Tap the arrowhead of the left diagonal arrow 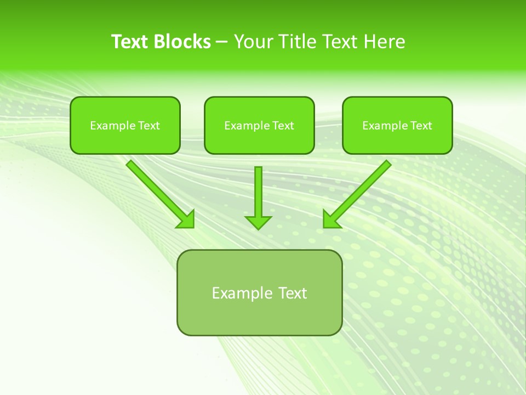point(186,219)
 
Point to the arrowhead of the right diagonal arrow point(331,219)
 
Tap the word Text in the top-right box point(421,126)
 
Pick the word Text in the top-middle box point(283,126)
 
